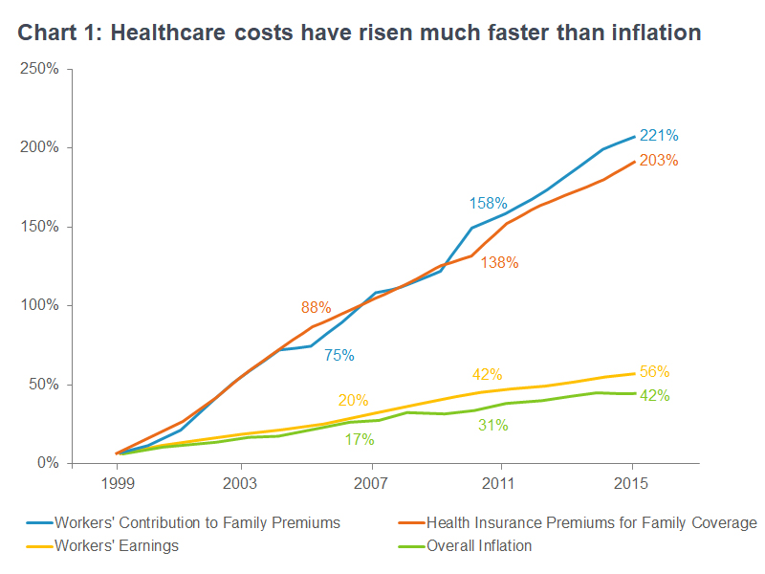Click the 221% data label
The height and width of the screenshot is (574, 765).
(x=659, y=136)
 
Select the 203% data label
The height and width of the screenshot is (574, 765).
(x=659, y=161)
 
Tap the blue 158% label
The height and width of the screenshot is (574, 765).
(x=488, y=204)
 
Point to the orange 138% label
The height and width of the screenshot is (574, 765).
(x=500, y=262)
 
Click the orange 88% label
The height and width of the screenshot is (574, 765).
(x=316, y=308)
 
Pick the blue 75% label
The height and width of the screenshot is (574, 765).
(x=339, y=355)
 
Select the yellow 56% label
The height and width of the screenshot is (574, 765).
(x=654, y=372)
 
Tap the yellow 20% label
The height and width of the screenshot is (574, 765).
(x=353, y=400)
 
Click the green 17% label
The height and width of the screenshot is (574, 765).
(x=359, y=440)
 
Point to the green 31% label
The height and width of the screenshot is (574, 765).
(x=492, y=426)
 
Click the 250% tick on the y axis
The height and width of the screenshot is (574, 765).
(x=39, y=70)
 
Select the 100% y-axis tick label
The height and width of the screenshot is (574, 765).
(x=39, y=305)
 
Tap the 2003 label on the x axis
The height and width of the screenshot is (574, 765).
(x=239, y=484)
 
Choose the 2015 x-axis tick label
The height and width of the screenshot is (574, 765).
(x=631, y=484)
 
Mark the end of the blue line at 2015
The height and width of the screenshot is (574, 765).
(x=634, y=137)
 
